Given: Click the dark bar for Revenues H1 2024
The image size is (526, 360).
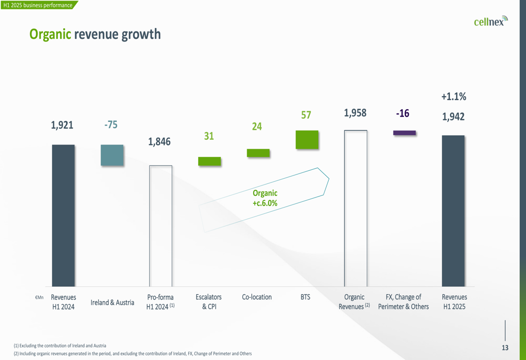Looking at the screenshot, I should pyautogui.click(x=63, y=215).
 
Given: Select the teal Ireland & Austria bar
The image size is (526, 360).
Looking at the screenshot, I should pyautogui.click(x=112, y=156).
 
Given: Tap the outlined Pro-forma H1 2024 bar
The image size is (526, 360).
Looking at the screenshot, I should pyautogui.click(x=160, y=226).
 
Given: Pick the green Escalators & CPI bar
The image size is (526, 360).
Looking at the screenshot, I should pyautogui.click(x=209, y=161).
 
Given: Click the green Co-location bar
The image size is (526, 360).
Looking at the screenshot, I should pyautogui.click(x=258, y=153).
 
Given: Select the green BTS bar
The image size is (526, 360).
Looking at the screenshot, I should pyautogui.click(x=307, y=140).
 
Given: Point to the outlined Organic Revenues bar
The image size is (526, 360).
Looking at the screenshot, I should pyautogui.click(x=356, y=208).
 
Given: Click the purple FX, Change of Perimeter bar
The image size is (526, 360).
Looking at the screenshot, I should pyautogui.click(x=404, y=133).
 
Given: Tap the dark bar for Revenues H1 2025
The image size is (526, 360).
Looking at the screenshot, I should pyautogui.click(x=453, y=211).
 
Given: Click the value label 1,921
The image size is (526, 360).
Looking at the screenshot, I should pyautogui.click(x=62, y=125).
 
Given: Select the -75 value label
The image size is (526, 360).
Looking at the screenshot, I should pyautogui.click(x=111, y=125).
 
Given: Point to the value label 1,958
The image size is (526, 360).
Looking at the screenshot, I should pyautogui.click(x=355, y=113).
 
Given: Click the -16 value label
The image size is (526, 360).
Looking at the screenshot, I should pyautogui.click(x=402, y=114).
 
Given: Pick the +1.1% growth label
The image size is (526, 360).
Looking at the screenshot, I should pyautogui.click(x=453, y=97).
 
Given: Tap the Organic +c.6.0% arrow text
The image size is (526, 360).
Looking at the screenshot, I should pyautogui.click(x=265, y=198).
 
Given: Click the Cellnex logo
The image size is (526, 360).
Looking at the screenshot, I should pyautogui.click(x=490, y=21).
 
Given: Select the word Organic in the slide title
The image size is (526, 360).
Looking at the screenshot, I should pyautogui.click(x=50, y=35).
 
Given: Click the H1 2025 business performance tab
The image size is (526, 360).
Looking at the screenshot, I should pyautogui.click(x=38, y=5).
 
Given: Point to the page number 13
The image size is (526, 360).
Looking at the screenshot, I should pyautogui.click(x=505, y=348).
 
